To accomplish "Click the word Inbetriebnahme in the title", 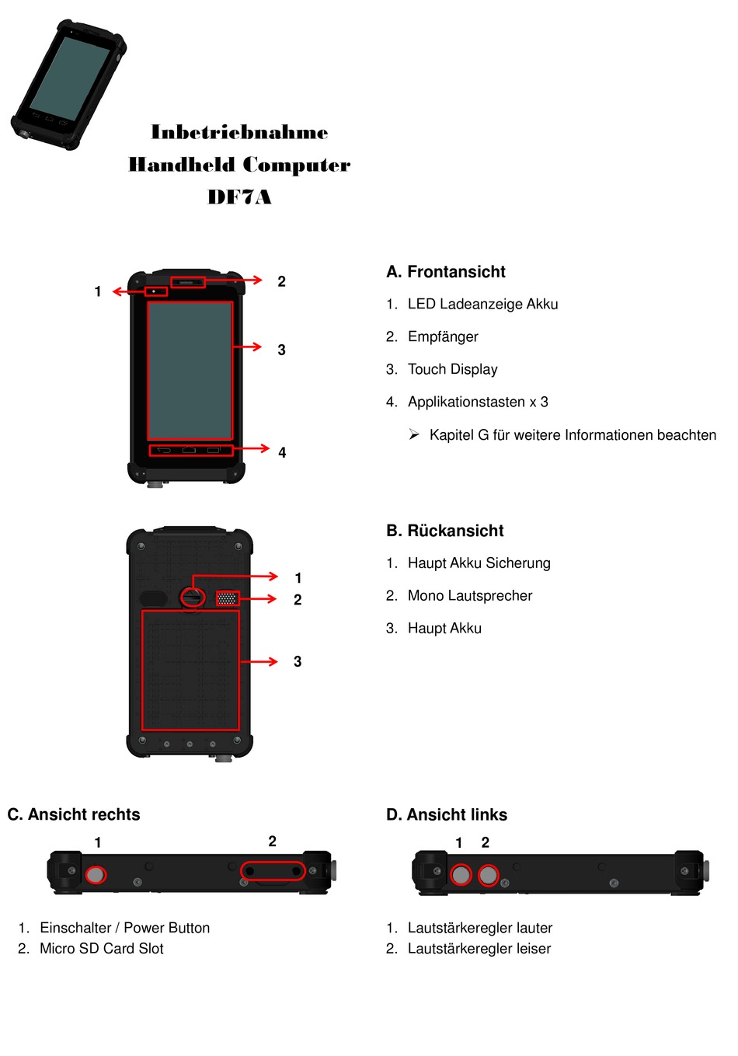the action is (239, 132).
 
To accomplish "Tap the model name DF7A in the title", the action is (239, 197).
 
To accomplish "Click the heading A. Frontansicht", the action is (446, 272).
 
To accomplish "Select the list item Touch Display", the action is (452, 369).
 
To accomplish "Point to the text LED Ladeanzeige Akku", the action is (482, 304).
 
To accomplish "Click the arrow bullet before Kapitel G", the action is (414, 434).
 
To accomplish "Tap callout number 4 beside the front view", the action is (282, 452).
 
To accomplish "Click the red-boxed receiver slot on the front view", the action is (187, 282).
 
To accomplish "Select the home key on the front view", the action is (189, 450).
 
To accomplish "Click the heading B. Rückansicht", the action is (445, 531).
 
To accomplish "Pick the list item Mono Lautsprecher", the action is (470, 596).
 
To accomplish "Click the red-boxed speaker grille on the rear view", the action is (228, 598).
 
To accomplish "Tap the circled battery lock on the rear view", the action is (193, 598).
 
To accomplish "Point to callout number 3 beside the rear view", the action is (298, 661).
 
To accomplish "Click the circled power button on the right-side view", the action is (96, 875).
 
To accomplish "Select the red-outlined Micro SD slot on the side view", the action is (273, 871).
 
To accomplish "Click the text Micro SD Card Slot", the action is (102, 949).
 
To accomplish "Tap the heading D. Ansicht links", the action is (447, 814).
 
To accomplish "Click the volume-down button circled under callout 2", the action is (488, 876).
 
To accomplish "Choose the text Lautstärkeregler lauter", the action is (480, 928).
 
